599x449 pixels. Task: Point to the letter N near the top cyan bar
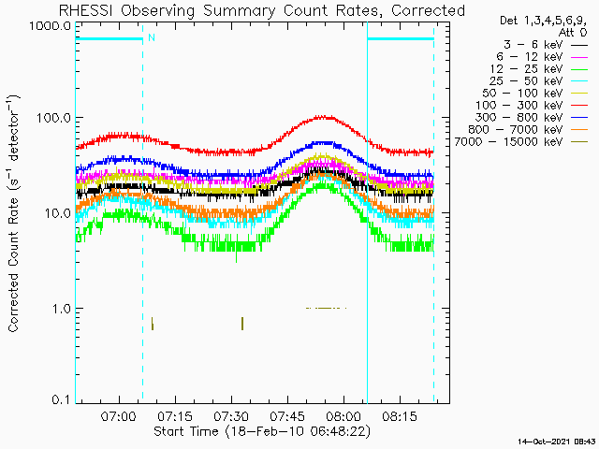(151, 37)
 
